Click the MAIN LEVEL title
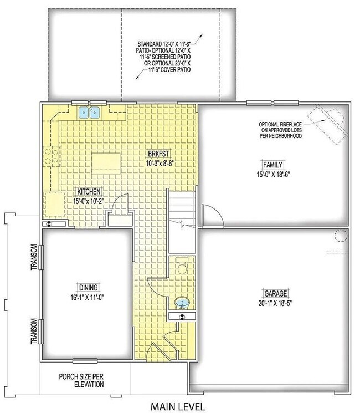coord(178,406)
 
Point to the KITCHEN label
coord(89,191)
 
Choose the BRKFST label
coord(158,154)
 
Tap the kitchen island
coord(105,161)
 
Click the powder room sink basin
coord(182,303)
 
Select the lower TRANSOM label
coord(34,331)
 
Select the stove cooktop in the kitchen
coord(55,155)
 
